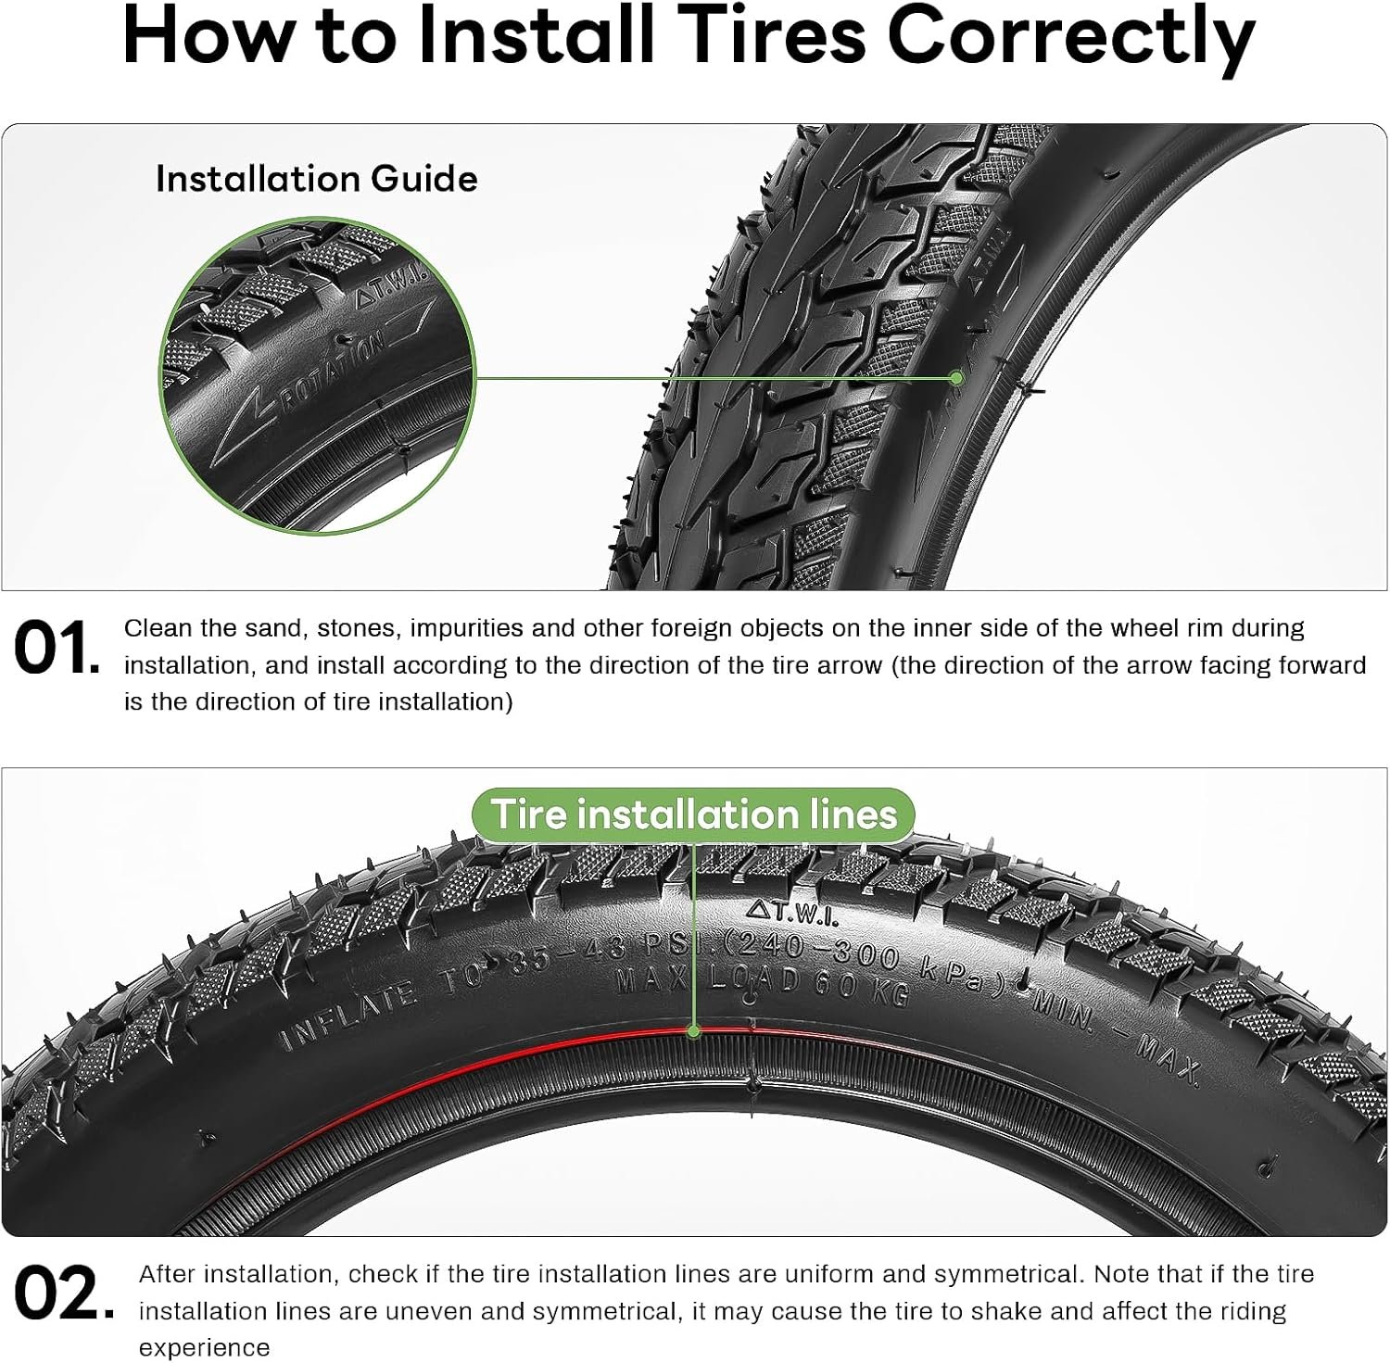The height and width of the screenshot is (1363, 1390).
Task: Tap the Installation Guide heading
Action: pos(317,179)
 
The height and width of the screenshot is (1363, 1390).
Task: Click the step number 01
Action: pos(57,648)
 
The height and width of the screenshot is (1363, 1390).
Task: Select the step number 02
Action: pos(64,1294)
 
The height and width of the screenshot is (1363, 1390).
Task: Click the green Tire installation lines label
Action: pos(693,814)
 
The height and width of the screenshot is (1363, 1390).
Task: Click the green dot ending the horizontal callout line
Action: pos(956,378)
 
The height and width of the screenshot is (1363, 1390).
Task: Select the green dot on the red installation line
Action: pos(693,1030)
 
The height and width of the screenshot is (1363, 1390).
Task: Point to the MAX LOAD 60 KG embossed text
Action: pos(763,983)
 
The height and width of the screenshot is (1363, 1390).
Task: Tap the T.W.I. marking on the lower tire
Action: pos(792,913)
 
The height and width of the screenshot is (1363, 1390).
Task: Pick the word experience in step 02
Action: pos(205,1348)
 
